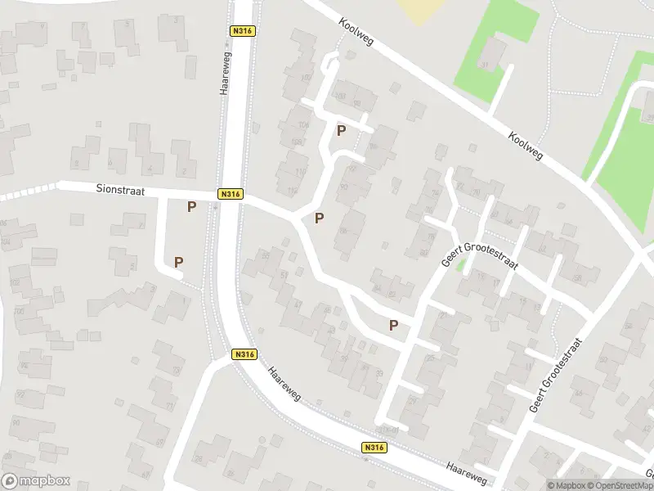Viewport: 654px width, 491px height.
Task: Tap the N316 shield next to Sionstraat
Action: pyautogui.click(x=230, y=194)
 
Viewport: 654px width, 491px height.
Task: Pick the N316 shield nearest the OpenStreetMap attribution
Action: pyautogui.click(x=373, y=448)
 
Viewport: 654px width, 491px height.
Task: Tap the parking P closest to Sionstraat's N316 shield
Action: pyautogui.click(x=191, y=207)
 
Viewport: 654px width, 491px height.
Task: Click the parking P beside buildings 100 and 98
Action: pyautogui.click(x=341, y=130)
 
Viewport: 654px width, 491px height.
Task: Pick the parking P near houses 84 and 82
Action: pyautogui.click(x=394, y=325)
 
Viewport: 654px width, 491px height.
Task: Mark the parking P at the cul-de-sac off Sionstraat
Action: pyautogui.click(x=178, y=262)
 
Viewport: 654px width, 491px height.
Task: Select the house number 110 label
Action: pyautogui.click(x=299, y=172)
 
